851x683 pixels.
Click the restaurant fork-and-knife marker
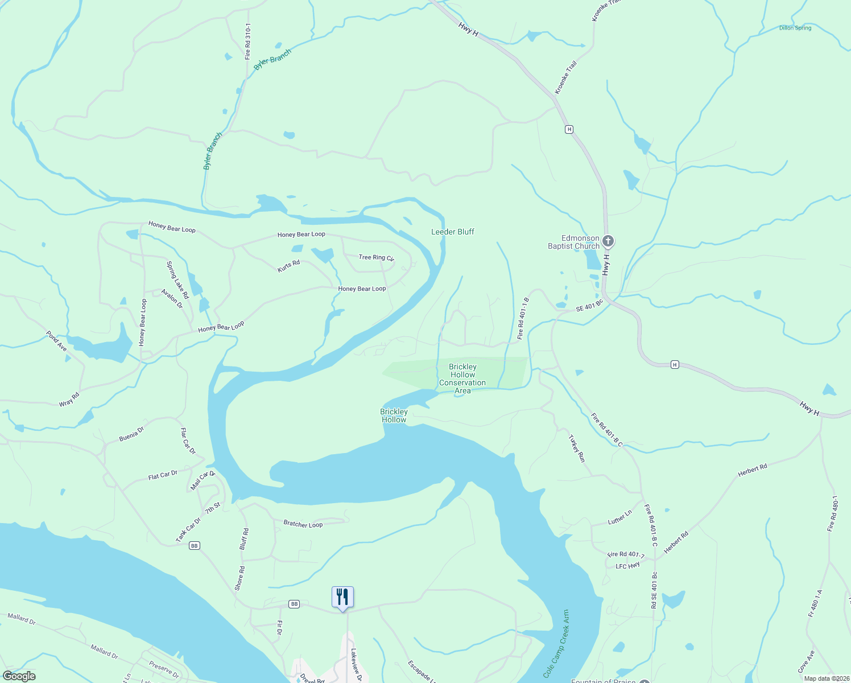click(x=342, y=597)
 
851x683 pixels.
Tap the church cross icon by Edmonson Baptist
click(x=608, y=241)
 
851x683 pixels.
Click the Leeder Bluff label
click(x=452, y=232)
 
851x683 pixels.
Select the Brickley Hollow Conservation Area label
click(x=462, y=379)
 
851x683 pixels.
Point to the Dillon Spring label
click(x=795, y=28)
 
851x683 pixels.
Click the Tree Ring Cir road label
click(x=376, y=257)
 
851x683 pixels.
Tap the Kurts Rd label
click(x=288, y=266)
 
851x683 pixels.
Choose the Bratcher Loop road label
click(x=303, y=524)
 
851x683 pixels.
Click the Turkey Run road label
click(x=577, y=449)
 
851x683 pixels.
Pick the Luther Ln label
click(x=619, y=518)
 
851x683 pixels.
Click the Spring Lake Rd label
click(x=177, y=280)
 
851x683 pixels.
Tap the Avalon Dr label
click(x=172, y=298)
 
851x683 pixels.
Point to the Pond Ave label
click(x=56, y=341)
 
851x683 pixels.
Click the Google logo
click(x=19, y=676)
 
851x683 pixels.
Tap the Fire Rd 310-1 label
click(x=247, y=42)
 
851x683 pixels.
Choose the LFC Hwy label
click(x=627, y=566)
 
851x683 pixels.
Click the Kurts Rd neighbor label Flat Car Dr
click(x=163, y=475)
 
